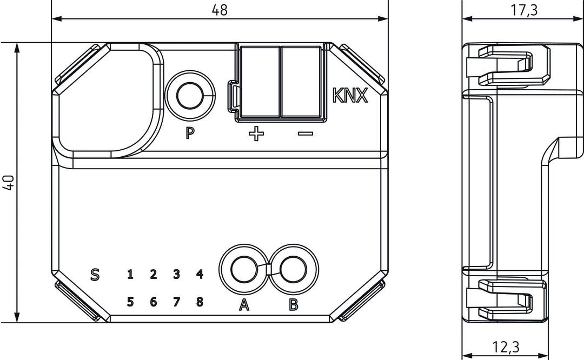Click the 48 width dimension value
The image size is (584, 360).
tap(220, 10)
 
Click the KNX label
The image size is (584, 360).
tap(350, 96)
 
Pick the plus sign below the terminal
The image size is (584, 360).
tap(256, 134)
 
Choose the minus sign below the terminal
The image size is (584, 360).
tap(305, 134)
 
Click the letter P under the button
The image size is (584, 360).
tap(190, 133)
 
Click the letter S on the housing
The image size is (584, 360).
tap(95, 275)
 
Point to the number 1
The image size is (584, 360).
tap(130, 275)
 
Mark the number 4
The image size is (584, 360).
tap(200, 275)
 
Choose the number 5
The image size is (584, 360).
tap(130, 302)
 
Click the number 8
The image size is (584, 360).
tap(200, 302)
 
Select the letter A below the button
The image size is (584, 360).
tap(244, 305)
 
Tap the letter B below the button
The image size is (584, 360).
tap(293, 305)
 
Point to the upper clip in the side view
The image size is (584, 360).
tap(508, 65)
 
